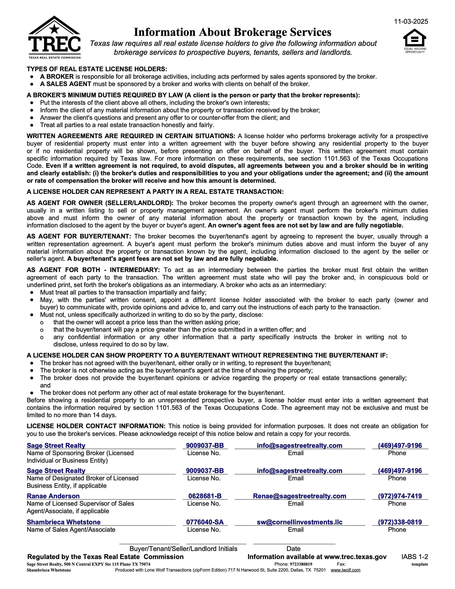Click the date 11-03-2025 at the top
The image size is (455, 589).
[x=411, y=22]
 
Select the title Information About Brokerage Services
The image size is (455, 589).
[x=232, y=32]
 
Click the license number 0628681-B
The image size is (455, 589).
[x=205, y=496]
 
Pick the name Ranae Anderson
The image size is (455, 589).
[x=53, y=496]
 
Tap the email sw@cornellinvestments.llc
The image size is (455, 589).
[x=299, y=522]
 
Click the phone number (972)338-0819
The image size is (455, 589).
[x=400, y=522]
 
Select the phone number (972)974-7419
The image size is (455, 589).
[x=400, y=496]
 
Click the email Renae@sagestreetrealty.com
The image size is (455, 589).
[x=299, y=496]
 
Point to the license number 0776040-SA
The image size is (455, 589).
[x=205, y=522]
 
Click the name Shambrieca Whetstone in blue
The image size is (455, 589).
[x=64, y=522]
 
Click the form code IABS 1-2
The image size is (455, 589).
[x=414, y=557]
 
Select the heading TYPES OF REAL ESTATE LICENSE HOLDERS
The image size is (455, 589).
[x=97, y=69]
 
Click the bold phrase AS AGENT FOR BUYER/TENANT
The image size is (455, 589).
[x=79, y=236]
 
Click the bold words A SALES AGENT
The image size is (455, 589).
[x=65, y=84]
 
